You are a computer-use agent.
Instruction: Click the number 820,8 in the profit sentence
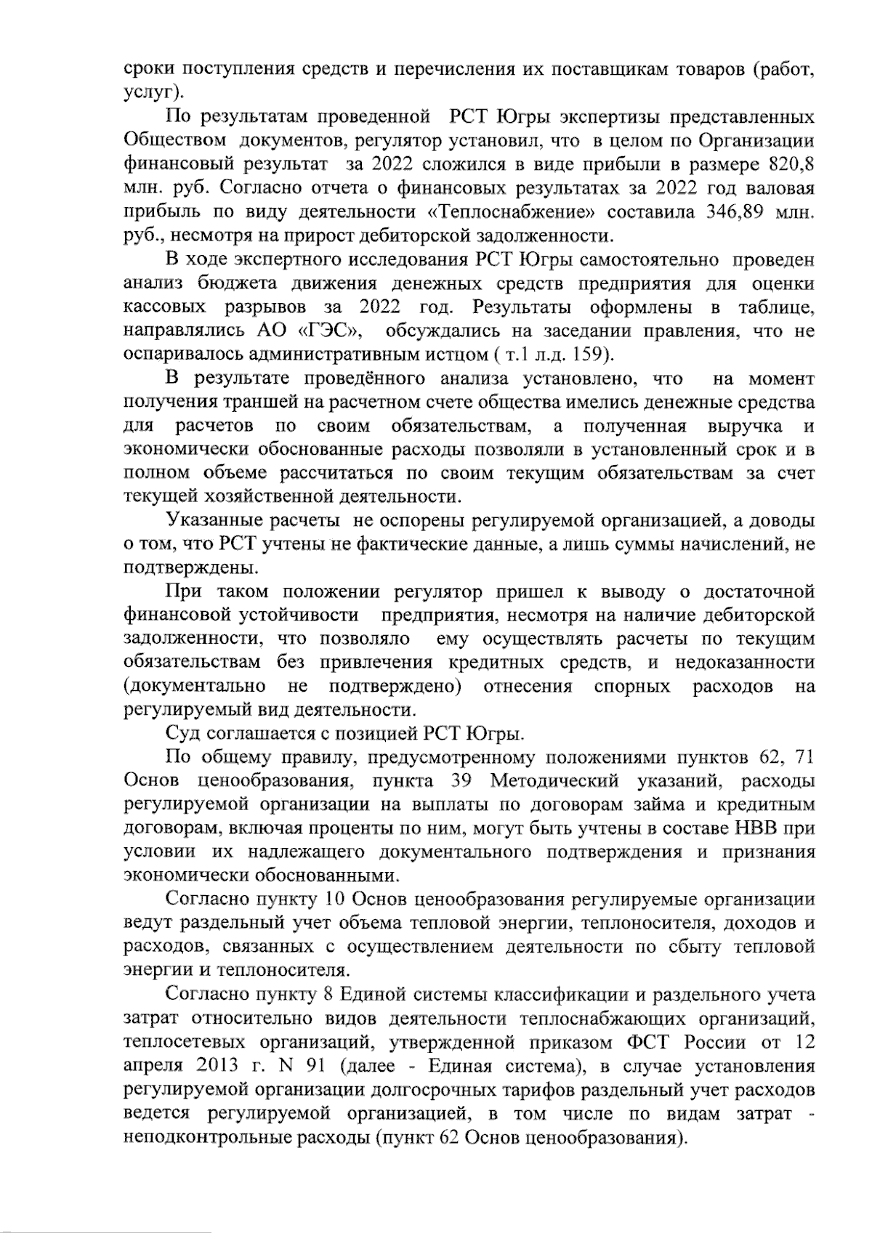(792, 164)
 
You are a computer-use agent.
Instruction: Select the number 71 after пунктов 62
(804, 756)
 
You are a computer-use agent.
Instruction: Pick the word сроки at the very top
(148, 70)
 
